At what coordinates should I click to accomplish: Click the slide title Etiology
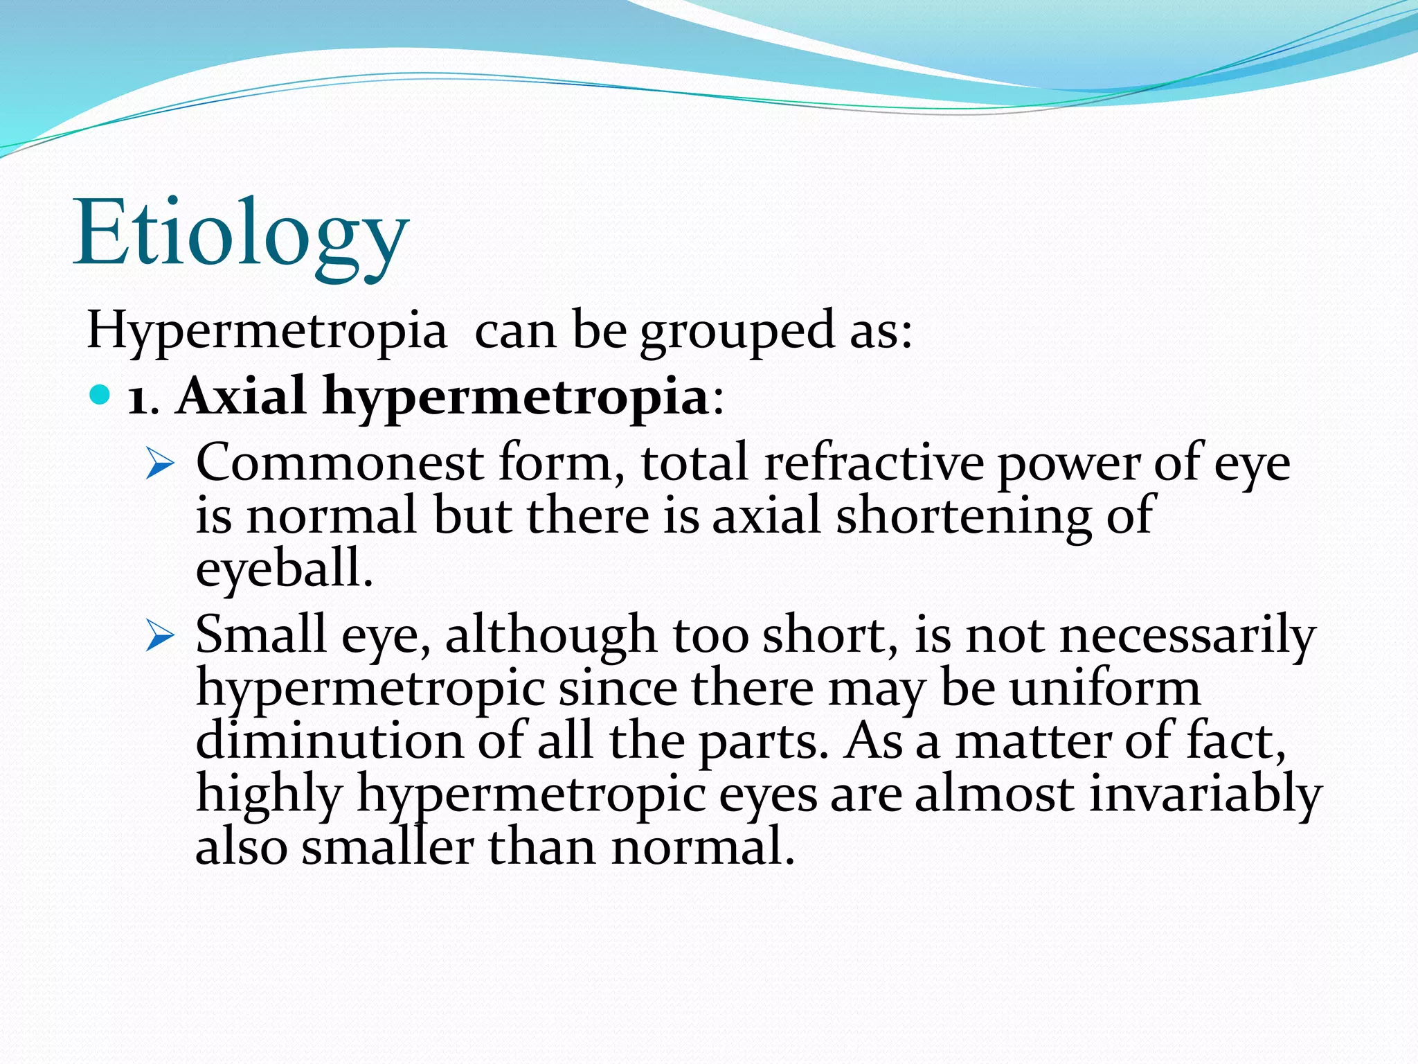pos(240,233)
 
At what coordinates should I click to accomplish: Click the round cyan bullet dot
pos(100,396)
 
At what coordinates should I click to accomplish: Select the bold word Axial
pos(240,396)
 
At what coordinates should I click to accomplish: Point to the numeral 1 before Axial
pos(138,400)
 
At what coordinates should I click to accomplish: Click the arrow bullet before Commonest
pos(160,465)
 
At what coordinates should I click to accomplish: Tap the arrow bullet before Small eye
pos(160,638)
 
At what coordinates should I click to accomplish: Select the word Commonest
pos(339,463)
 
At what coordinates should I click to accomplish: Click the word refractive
pos(873,463)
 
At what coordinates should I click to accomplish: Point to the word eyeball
pos(284,569)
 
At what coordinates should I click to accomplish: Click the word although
pos(550,635)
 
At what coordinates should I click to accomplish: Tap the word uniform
pos(1104,689)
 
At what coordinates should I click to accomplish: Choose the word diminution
pos(329,741)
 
